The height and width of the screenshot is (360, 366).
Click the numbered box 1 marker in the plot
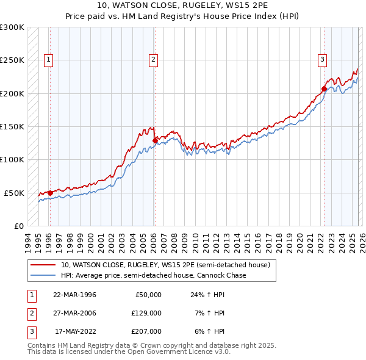48,59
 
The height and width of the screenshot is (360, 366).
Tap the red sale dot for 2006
154,140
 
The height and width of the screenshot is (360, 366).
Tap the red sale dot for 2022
324,88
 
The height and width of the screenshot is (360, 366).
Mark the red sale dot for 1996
50,193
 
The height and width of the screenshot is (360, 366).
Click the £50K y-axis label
14,193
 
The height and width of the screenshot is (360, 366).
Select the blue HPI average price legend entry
152,275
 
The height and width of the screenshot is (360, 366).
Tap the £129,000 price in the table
147,313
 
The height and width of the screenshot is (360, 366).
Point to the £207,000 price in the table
147,331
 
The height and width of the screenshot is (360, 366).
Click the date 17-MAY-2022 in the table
76,331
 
